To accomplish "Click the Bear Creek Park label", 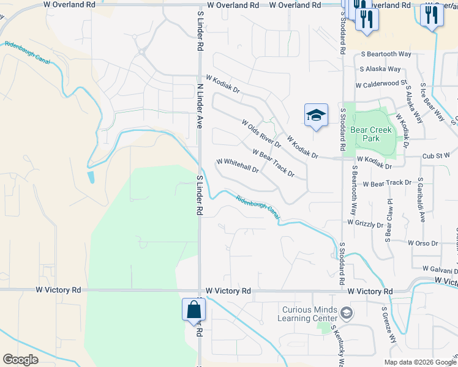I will pyautogui.click(x=370, y=134).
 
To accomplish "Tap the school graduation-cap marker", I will pyautogui.click(x=316, y=116).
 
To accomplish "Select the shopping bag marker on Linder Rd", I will pyautogui.click(x=193, y=310).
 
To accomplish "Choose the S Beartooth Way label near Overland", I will pyautogui.click(x=386, y=54).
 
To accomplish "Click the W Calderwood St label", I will pyautogui.click(x=381, y=84).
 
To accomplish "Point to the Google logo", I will pyautogui.click(x=20, y=359).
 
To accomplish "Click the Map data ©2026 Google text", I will pyautogui.click(x=419, y=362).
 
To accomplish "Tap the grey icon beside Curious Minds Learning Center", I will pyautogui.click(x=347, y=314).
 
